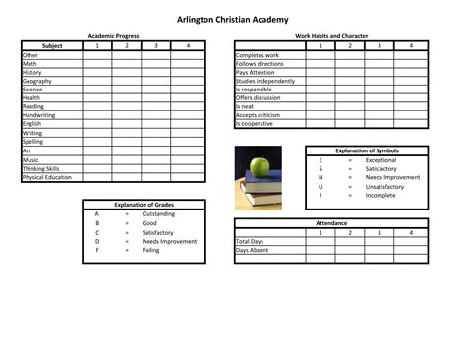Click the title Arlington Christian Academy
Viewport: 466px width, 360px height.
(233, 19)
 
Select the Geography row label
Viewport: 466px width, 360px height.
(38, 81)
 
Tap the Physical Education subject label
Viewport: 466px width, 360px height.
(47, 178)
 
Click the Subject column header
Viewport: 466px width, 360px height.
(52, 45)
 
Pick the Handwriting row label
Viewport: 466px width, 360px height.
(39, 115)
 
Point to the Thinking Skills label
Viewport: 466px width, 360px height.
(41, 169)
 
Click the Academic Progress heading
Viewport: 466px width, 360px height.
(113, 35)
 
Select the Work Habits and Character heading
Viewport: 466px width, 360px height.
(331, 35)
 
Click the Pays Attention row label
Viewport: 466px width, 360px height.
(256, 72)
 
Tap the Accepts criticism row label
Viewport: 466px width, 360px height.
(259, 115)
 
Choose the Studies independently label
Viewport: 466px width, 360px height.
(264, 81)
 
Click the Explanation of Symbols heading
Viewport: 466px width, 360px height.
(367, 151)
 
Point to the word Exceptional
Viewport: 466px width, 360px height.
(380, 160)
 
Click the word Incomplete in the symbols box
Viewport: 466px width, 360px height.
(380, 195)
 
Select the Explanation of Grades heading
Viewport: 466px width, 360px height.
(144, 204)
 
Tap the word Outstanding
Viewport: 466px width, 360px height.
(158, 213)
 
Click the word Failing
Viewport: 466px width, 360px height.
(150, 250)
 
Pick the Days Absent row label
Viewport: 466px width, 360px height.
(252, 250)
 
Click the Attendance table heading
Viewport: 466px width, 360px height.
(331, 223)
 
